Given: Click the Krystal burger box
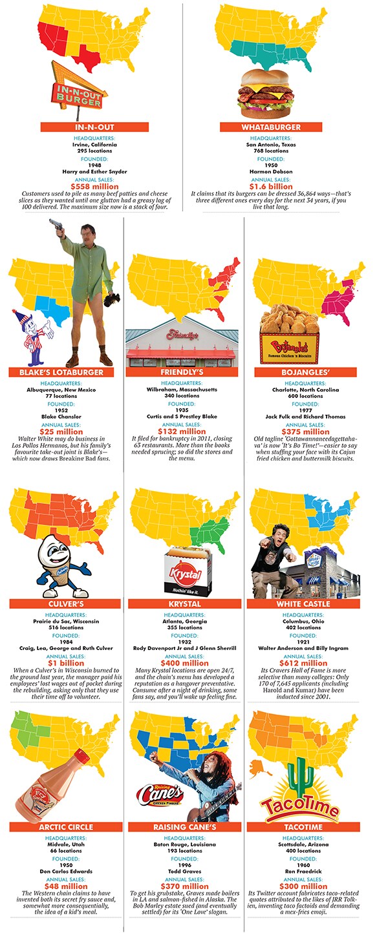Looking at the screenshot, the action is pyautogui.click(x=185, y=572).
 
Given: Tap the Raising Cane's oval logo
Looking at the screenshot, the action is pyautogui.click(x=160, y=793).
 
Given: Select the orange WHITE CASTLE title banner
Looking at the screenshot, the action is pyautogui.click(x=303, y=603).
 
